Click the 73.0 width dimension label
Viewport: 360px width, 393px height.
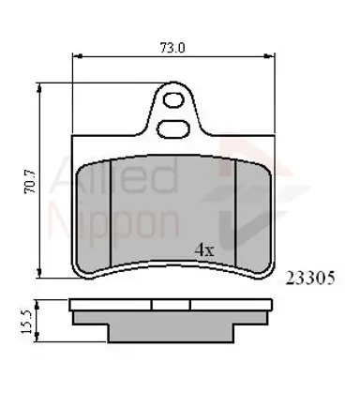click(172, 48)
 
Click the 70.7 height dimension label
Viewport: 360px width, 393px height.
click(30, 182)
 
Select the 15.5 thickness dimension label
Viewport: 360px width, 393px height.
click(27, 322)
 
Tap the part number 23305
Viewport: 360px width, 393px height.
click(310, 278)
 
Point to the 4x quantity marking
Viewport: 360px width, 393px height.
click(204, 249)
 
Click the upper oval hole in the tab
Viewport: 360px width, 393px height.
click(173, 100)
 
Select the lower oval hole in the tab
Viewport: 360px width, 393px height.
click(173, 129)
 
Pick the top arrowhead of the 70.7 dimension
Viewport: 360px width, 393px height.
click(39, 88)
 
